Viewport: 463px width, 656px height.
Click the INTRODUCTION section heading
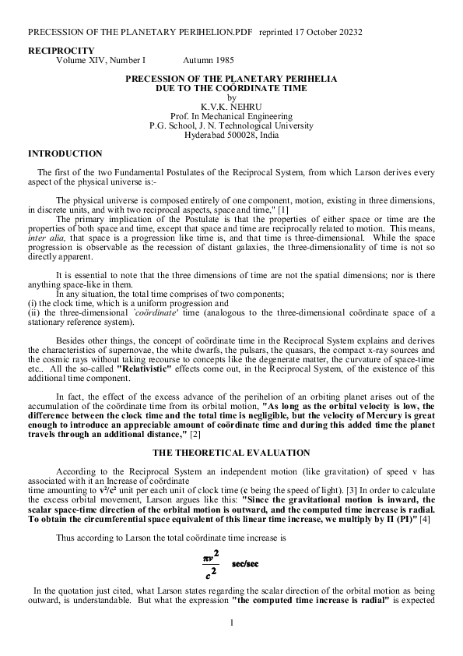tap(65, 153)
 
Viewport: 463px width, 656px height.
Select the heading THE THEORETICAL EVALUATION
tap(231, 453)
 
